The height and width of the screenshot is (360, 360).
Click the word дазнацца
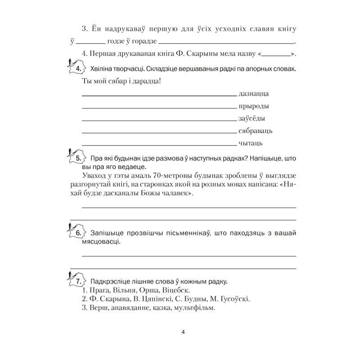click(x=253, y=94)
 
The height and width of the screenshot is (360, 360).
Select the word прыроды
click(x=253, y=107)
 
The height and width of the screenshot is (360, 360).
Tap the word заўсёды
click(x=251, y=119)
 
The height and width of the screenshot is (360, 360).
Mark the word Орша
click(x=152, y=290)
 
